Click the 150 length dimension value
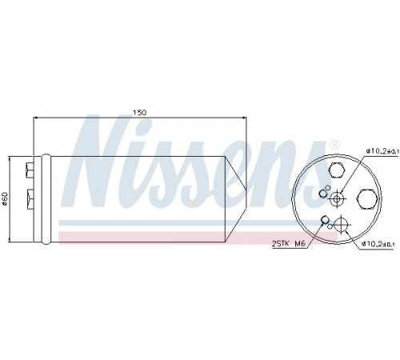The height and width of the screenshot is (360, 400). point(140,113)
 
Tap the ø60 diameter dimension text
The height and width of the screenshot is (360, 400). point(6,199)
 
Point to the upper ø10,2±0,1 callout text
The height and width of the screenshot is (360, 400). point(382,151)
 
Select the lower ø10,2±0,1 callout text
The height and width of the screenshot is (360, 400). point(378,243)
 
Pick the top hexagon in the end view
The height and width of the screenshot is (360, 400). point(337,170)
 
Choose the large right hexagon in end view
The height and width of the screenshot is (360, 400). point(368,199)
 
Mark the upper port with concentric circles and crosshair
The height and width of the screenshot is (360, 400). point(337,199)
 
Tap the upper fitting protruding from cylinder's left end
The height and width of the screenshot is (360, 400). point(30,170)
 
